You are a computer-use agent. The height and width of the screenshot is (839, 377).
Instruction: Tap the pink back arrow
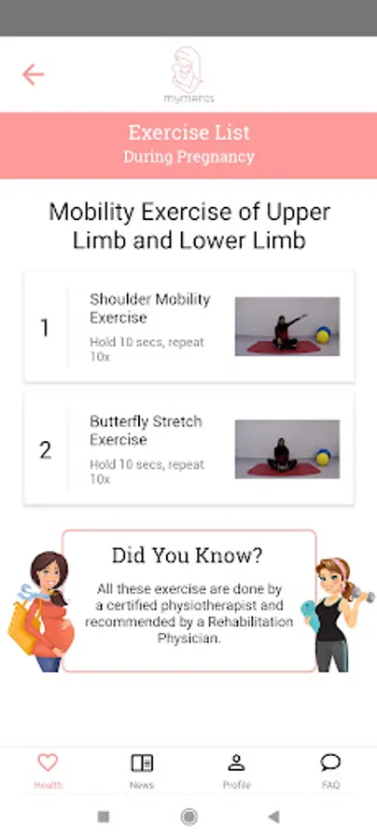[33, 75]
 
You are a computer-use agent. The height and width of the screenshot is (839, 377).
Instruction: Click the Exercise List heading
[189, 132]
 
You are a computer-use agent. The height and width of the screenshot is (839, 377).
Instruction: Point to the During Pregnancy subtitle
[189, 158]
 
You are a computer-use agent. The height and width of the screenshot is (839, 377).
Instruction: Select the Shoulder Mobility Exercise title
[150, 309]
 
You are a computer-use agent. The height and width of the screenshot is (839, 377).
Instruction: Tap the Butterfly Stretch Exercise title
[147, 430]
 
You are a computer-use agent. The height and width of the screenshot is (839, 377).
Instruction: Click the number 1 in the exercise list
[45, 328]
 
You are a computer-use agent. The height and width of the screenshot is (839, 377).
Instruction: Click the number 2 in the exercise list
[45, 450]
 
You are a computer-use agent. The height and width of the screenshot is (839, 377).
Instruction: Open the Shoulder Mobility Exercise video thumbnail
[287, 326]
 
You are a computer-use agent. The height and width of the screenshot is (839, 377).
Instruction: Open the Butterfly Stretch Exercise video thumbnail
[287, 449]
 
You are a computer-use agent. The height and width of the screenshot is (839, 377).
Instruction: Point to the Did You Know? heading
[188, 556]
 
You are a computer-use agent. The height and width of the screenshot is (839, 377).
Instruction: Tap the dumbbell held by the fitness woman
[363, 595]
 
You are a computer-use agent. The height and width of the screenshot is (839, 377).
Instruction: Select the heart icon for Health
[48, 763]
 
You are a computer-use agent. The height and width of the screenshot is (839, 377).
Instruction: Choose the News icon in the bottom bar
[142, 763]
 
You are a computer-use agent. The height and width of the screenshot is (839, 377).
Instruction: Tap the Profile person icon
[236, 763]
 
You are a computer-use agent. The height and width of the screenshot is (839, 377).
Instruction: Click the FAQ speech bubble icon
[330, 763]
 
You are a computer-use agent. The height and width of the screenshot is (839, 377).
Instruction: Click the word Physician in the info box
[188, 639]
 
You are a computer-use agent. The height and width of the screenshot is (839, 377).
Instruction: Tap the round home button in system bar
[188, 817]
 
